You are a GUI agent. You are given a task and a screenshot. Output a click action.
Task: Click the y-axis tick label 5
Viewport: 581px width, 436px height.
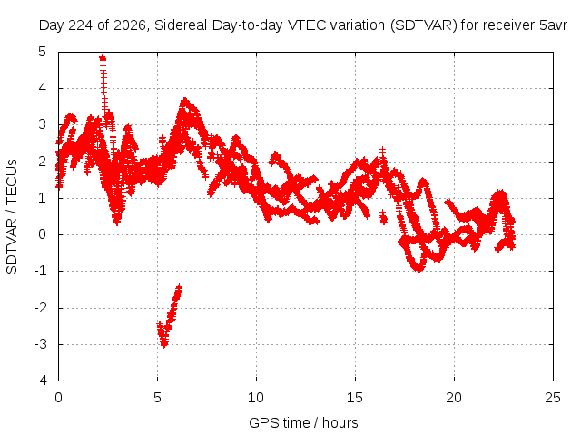coord(43,52)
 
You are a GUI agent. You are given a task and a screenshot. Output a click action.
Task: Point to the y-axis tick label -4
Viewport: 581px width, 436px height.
coord(41,381)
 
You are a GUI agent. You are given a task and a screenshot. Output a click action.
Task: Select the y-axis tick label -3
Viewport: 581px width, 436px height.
coord(41,344)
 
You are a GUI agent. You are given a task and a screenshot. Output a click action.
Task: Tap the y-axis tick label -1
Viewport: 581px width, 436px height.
coord(41,271)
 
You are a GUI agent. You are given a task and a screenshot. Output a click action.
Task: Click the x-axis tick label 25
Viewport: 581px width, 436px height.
coord(553,398)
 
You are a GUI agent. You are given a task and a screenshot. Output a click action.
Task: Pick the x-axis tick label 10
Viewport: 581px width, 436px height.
coord(256,398)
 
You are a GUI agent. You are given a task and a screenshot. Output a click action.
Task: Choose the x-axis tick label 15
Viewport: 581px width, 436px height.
coord(355,398)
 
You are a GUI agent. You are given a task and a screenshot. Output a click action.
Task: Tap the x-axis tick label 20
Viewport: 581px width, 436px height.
coord(454,398)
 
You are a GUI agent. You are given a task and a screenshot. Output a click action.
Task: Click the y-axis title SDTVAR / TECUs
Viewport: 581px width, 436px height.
coord(12,217)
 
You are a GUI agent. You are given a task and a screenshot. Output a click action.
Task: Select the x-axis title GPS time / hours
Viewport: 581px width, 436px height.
coord(303,422)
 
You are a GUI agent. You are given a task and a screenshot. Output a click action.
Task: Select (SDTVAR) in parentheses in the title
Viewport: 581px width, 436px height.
coord(424,25)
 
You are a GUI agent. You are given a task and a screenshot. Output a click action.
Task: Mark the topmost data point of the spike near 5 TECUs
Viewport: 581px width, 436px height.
coord(103,57)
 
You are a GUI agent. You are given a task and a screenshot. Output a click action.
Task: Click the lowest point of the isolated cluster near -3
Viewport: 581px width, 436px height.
coord(164,345)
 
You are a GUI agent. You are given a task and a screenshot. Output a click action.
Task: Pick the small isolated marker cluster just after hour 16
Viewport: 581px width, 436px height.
coord(383,218)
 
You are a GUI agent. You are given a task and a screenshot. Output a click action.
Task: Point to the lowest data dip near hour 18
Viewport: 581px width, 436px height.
coord(419,270)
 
